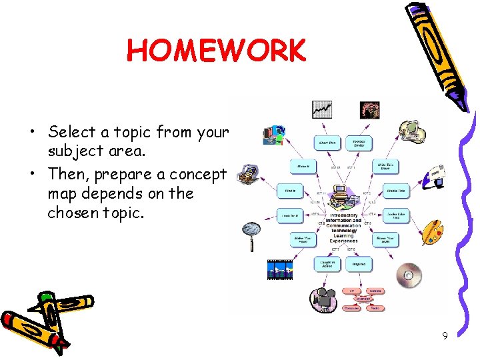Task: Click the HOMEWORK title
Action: tap(216, 50)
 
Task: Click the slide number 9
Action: tap(445, 335)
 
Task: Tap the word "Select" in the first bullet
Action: tap(71, 131)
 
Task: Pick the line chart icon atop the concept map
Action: tap(322, 109)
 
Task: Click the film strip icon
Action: tap(280, 270)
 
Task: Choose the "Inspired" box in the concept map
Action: tap(359, 264)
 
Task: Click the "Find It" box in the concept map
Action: tap(290, 191)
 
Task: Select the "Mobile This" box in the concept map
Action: tap(396, 191)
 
